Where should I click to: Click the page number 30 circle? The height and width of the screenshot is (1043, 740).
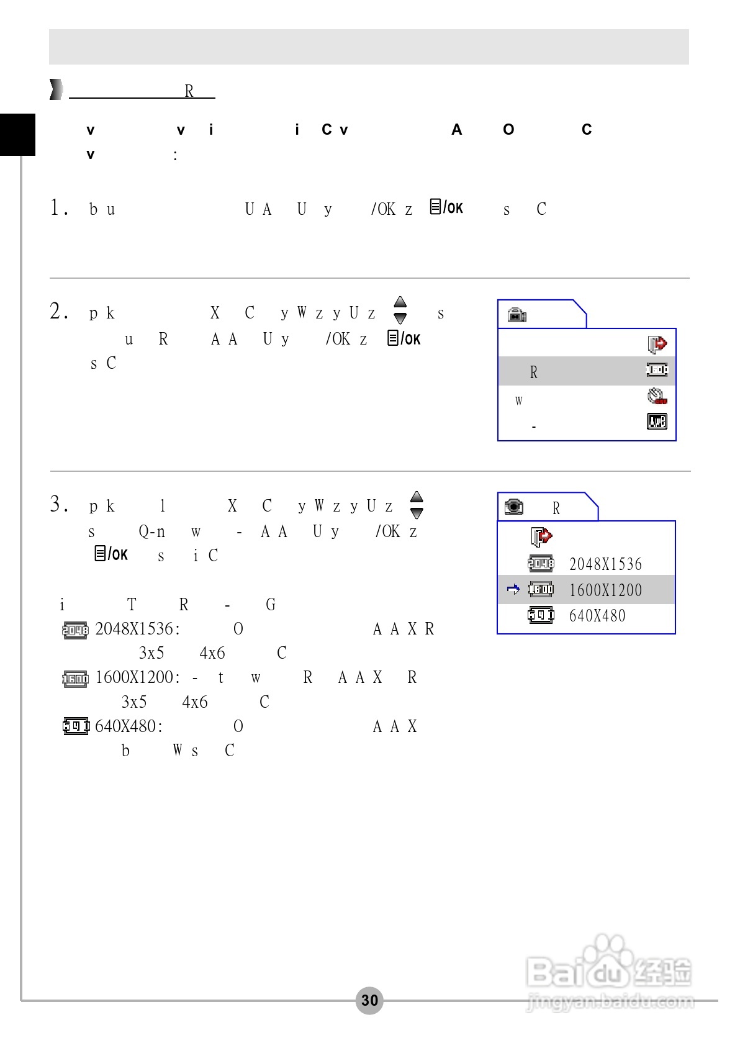(369, 1000)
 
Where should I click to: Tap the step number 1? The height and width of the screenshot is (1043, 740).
(59, 207)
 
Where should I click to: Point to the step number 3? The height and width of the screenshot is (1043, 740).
(59, 503)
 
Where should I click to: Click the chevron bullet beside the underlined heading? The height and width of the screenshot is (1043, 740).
(56, 90)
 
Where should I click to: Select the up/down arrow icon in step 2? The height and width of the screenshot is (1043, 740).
(400, 310)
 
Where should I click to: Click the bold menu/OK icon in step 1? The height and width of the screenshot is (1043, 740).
(446, 207)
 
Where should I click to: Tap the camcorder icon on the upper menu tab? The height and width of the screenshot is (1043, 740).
(517, 315)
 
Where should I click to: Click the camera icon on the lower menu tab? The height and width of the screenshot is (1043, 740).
(514, 507)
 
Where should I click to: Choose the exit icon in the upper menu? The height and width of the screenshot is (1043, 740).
(657, 343)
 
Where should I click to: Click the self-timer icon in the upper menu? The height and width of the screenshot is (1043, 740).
(657, 396)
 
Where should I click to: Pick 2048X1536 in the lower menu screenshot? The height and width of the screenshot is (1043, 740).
(605, 564)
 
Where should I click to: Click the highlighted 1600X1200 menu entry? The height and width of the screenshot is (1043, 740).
(605, 590)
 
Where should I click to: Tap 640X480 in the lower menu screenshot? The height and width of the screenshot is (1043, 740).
(597, 616)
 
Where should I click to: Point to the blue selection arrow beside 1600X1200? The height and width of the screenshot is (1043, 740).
(513, 589)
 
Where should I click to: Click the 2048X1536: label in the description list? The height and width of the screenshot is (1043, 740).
(138, 629)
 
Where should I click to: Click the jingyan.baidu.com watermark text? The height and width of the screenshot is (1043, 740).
(610, 1001)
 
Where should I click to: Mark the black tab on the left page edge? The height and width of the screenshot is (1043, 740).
(17, 134)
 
